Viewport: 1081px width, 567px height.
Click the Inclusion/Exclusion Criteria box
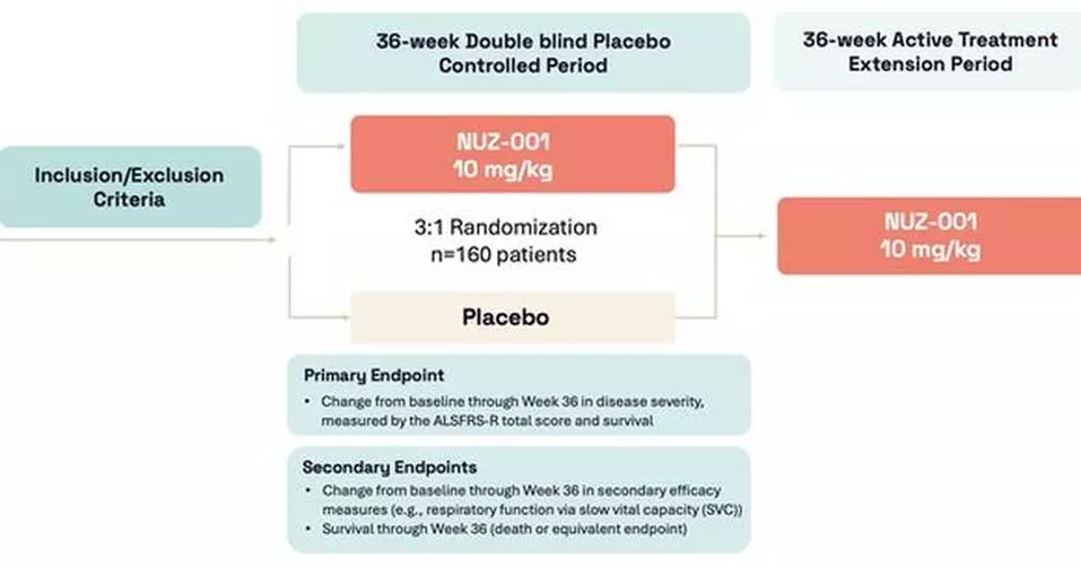(x=131, y=187)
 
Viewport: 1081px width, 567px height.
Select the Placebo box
(x=512, y=317)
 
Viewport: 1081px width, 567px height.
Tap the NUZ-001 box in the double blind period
(x=512, y=154)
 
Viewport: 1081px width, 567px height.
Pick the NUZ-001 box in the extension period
(x=929, y=235)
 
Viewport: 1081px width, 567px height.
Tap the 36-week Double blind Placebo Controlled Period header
(x=522, y=53)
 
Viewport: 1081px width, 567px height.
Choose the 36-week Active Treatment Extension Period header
(x=929, y=51)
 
